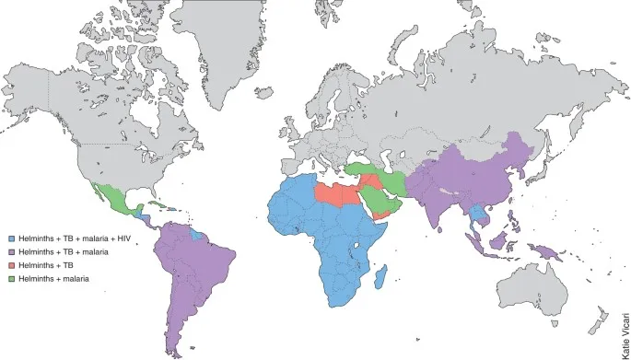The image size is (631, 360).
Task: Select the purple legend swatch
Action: click(x=12, y=250)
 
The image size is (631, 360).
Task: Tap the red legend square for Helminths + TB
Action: click(x=12, y=264)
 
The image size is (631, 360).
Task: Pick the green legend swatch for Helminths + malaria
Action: click(x=12, y=277)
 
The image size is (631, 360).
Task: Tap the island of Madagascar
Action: click(x=380, y=276)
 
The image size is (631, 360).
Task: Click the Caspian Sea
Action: click(x=387, y=160)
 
